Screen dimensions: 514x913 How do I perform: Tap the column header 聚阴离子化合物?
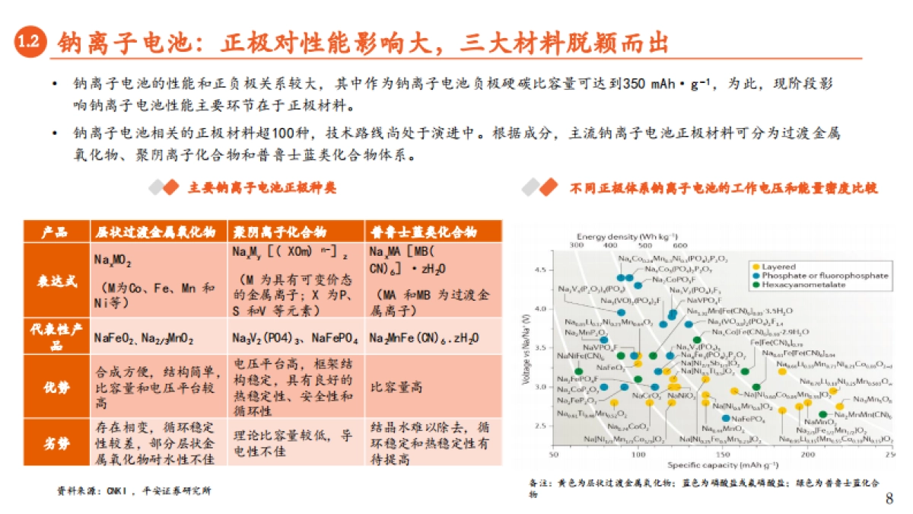(279, 231)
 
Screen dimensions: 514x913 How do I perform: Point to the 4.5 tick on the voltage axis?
(542, 270)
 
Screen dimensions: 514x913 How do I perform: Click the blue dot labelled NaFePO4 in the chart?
(726, 418)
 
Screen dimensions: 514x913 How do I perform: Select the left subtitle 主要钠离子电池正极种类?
(262, 187)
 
